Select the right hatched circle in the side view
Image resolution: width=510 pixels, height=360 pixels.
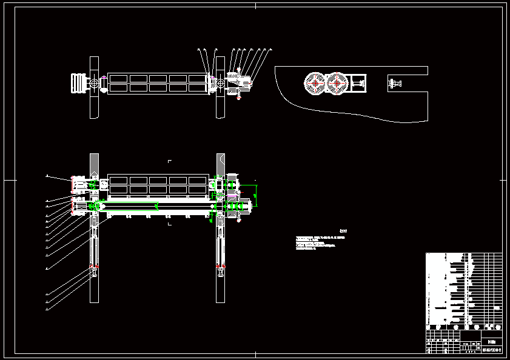coord(337,83)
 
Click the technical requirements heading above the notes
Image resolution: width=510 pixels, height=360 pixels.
coord(343,230)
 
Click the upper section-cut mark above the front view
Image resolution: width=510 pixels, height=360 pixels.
coord(170,161)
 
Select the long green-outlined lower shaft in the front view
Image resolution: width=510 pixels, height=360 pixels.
coord(158,206)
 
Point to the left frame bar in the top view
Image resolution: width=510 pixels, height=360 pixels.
coord(94,88)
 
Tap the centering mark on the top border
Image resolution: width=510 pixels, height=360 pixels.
coord(255,6)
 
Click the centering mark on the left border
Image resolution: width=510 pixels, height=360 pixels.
coord(6,180)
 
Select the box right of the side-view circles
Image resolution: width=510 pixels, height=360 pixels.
coord(358,83)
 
